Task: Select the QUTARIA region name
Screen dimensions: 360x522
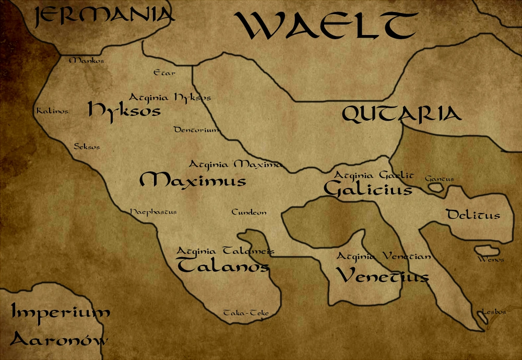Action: point(402,114)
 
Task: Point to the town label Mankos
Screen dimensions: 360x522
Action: point(87,61)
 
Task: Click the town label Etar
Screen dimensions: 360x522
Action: point(164,73)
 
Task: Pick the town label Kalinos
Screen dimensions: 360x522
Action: point(52,111)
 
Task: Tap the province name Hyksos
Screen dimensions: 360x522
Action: point(124,110)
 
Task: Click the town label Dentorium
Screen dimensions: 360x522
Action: point(196,130)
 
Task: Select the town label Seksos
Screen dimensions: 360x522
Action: point(87,147)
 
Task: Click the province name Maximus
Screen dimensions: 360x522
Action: point(193,181)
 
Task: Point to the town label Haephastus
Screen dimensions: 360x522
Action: point(153,212)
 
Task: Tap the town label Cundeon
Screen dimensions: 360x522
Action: point(249,212)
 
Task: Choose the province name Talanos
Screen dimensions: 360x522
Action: point(223,266)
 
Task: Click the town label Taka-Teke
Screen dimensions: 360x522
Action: point(246,313)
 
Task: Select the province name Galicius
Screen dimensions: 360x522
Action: point(367,189)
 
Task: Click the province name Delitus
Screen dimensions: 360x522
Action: point(473,215)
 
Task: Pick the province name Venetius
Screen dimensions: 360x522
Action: point(382,275)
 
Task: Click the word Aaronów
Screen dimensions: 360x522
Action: point(60,340)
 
